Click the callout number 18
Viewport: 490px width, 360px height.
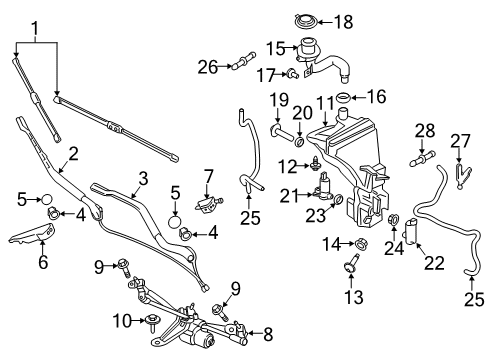click(x=344, y=22)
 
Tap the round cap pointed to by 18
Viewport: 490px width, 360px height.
click(x=305, y=22)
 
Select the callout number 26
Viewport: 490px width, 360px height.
click(x=208, y=67)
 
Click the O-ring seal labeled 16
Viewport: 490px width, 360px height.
click(x=343, y=98)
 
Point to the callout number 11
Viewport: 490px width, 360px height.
click(x=325, y=103)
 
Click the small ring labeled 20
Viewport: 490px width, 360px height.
click(x=299, y=142)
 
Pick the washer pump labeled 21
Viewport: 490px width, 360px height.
click(x=323, y=187)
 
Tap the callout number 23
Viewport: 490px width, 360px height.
click(x=316, y=215)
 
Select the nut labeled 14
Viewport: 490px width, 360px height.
click(x=359, y=244)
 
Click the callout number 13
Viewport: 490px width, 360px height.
click(x=353, y=297)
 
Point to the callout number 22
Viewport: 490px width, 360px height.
click(x=434, y=263)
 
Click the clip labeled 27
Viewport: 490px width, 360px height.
click(x=462, y=175)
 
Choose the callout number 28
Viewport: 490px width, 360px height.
click(x=425, y=130)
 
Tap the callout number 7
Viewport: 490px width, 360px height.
click(x=208, y=176)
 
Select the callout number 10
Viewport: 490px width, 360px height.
click(x=122, y=321)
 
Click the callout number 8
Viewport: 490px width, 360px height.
click(x=268, y=335)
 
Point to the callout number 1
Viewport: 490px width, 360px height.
click(x=35, y=29)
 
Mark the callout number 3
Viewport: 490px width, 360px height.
click(x=143, y=178)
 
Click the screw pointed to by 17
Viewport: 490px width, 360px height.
click(x=293, y=73)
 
